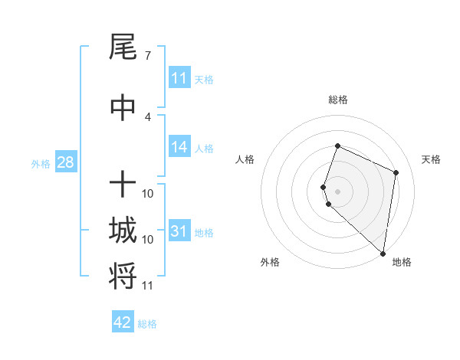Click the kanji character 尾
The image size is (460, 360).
pyautogui.click(x=123, y=48)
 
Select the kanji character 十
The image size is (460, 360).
pyautogui.click(x=123, y=184)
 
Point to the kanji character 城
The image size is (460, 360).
pyautogui.click(x=123, y=231)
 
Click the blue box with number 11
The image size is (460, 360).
pyautogui.click(x=179, y=78)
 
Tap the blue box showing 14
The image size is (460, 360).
pyautogui.click(x=179, y=148)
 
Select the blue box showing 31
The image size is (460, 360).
pyautogui.click(x=179, y=231)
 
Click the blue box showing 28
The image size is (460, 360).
pyautogui.click(x=65, y=162)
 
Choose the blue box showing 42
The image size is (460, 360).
pyautogui.click(x=123, y=322)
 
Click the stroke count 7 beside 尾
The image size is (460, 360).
pyautogui.click(x=147, y=56)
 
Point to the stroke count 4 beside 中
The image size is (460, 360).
pyautogui.click(x=147, y=116)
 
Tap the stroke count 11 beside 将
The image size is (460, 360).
pyautogui.click(x=147, y=286)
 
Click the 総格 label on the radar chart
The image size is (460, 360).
pyautogui.click(x=337, y=100)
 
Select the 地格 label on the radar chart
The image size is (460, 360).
pyautogui.click(x=402, y=262)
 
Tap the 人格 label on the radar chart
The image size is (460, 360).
pyautogui.click(x=245, y=159)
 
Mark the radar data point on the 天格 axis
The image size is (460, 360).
pyautogui.click(x=396, y=172)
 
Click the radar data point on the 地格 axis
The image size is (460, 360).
pyautogui.click(x=383, y=254)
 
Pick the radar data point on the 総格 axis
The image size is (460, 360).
pyautogui.click(x=337, y=146)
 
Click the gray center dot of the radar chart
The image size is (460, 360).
pyautogui.click(x=337, y=191)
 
